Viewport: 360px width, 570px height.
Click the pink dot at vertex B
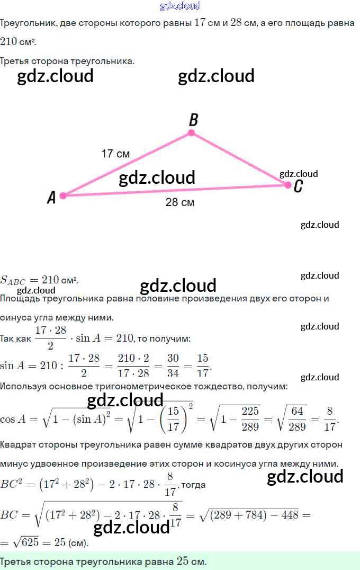pos(192,133)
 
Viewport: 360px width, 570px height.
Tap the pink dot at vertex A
pos(63,195)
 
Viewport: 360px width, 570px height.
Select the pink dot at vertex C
pos(288,185)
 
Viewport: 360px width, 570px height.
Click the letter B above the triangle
pos(193,119)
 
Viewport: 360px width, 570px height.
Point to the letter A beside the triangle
pos(51,198)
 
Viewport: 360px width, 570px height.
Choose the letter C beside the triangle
pos(298,186)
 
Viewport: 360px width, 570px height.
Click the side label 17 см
pos(115,154)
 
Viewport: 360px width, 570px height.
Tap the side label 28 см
pos(179,202)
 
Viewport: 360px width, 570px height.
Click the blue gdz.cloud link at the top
pos(180,6)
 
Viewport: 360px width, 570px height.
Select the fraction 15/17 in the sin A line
pos(203,366)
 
